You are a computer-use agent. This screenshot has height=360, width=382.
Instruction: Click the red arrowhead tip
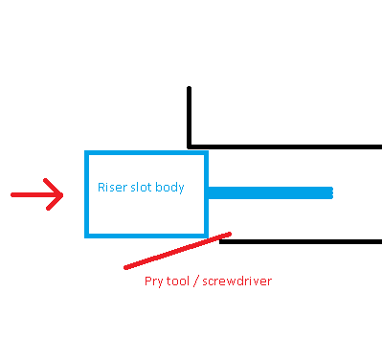point(62,194)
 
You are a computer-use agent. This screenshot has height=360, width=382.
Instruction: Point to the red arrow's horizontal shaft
point(36,194)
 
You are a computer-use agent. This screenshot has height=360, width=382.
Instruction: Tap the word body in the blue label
point(169,188)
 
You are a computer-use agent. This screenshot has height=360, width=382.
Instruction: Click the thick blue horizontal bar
point(270,192)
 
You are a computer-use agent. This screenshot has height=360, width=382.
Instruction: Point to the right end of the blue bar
point(332,192)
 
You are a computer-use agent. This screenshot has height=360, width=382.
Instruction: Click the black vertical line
point(189,118)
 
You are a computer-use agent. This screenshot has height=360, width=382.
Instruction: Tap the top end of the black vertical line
point(189,87)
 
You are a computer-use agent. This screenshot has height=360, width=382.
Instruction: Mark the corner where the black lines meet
point(189,146)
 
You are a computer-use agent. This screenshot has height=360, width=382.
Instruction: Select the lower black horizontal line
point(301,241)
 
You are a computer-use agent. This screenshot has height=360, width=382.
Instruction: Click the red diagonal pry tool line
point(177,251)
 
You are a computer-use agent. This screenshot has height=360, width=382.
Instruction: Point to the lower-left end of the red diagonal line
point(125,268)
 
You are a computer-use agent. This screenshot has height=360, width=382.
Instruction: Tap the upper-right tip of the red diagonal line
point(230,235)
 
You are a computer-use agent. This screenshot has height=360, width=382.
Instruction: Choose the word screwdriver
point(237,281)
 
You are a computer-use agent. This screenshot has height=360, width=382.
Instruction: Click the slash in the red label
point(196,281)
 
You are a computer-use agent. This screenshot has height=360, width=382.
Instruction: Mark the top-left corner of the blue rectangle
point(86,152)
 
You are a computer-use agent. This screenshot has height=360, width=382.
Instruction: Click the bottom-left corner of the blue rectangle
point(86,236)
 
